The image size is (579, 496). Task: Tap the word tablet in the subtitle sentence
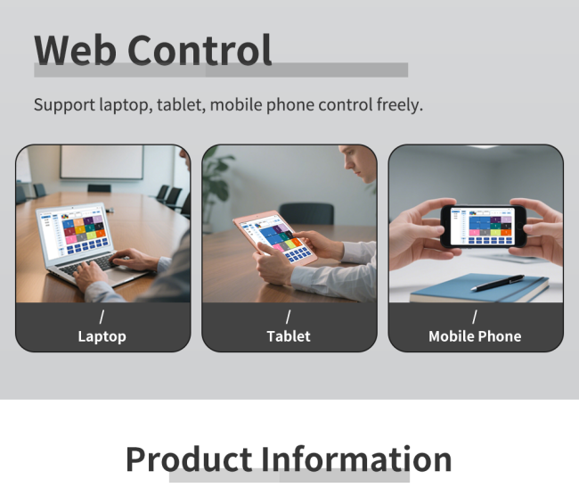point(181,105)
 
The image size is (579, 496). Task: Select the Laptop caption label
point(102,336)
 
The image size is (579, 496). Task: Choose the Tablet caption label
point(289,336)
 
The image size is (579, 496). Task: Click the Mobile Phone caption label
point(475,336)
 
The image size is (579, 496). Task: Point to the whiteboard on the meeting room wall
point(102,161)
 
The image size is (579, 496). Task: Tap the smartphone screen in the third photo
point(481,226)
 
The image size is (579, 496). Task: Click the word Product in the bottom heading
point(189,459)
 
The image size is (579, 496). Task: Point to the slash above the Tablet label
point(289,317)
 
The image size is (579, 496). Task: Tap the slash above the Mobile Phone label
point(475,317)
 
